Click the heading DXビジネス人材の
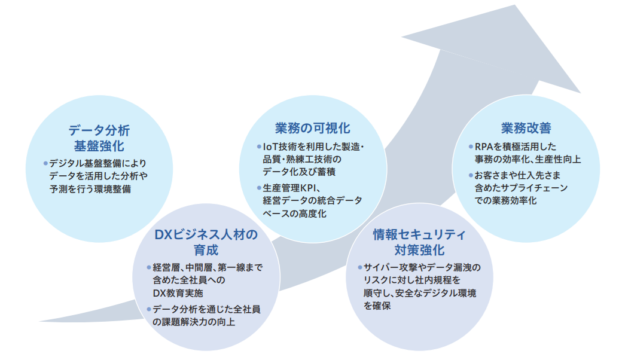(x=206, y=234)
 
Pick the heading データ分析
(x=99, y=130)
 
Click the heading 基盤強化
(x=99, y=145)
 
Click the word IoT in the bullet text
(x=270, y=147)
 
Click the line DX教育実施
(x=178, y=294)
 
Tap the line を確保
(x=376, y=306)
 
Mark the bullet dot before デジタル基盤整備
(x=45, y=163)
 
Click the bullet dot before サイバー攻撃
(x=359, y=267)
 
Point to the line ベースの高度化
(x=294, y=213)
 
